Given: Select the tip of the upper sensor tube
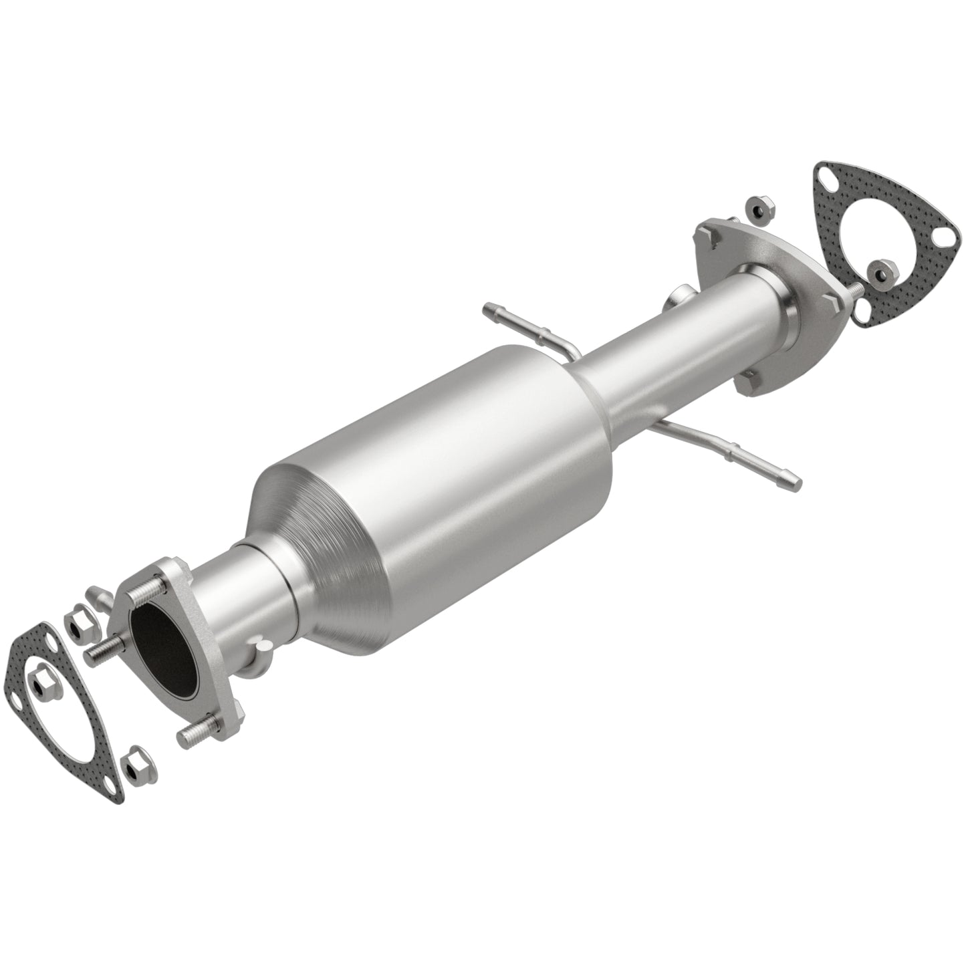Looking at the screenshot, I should (487, 308).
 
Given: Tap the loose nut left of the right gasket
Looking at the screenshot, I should (759, 209).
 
